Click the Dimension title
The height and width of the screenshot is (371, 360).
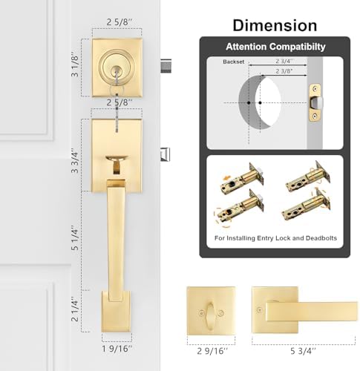[x=275, y=25]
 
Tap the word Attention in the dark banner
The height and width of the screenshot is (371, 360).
[x=246, y=47]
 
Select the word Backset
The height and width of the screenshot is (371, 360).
[x=233, y=62]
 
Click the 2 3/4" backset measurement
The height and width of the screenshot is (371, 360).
[x=284, y=61]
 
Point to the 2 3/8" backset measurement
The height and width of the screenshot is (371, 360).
[x=284, y=71]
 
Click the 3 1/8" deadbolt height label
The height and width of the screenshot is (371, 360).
[x=75, y=65]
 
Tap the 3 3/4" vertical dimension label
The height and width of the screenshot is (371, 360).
[x=75, y=161]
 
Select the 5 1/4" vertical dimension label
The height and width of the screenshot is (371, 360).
[x=75, y=238]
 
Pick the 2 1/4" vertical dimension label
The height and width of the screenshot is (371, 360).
[x=75, y=309]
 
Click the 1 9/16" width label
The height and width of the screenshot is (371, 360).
[x=117, y=349]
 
